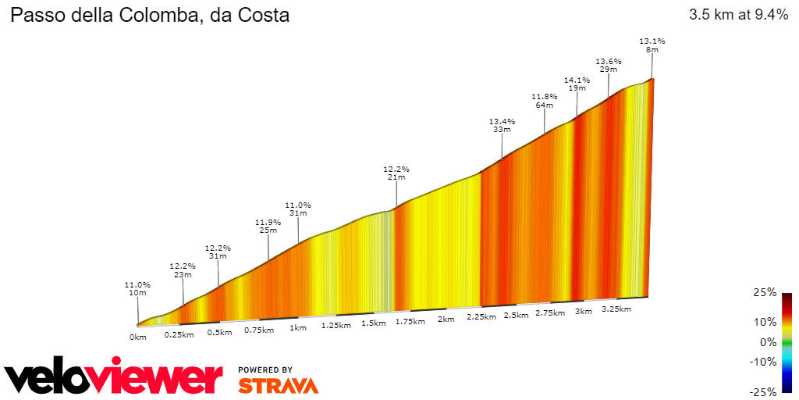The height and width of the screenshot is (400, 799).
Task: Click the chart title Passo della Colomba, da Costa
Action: tap(149, 15)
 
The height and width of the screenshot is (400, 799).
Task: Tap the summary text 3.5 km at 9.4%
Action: tap(738, 15)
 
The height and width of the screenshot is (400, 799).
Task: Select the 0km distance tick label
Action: tap(138, 337)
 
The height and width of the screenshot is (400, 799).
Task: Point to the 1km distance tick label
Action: tap(297, 328)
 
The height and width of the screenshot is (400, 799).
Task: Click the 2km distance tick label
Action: tap(446, 320)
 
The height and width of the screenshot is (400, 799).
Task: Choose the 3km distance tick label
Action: tap(583, 312)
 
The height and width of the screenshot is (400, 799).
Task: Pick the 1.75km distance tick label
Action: tap(410, 321)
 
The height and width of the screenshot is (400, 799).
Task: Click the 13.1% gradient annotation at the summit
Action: tap(652, 41)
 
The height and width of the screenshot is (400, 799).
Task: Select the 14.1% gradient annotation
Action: tap(577, 80)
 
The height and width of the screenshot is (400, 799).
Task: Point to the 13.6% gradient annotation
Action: tap(609, 61)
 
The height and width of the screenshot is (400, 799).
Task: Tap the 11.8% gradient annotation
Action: tap(544, 97)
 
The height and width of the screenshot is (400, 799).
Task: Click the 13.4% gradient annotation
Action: tap(502, 121)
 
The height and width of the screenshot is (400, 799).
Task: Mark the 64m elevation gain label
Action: tap(544, 105)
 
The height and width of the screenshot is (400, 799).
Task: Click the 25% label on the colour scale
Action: tap(765, 292)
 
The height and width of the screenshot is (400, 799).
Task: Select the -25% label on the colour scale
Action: tap(763, 392)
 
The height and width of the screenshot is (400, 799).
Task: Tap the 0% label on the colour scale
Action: tap(768, 342)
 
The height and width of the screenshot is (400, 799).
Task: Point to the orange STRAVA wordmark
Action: tap(278, 385)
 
